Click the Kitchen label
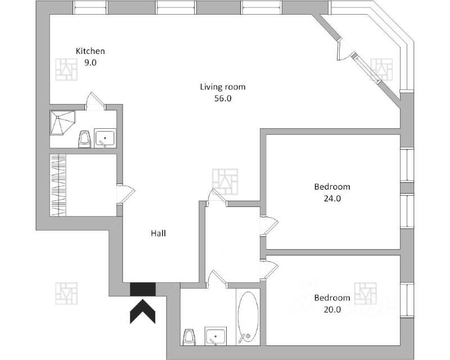click(x=91, y=51)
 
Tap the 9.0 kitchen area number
click(x=91, y=63)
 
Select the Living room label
click(x=223, y=87)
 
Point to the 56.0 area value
click(x=223, y=98)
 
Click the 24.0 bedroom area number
click(x=332, y=198)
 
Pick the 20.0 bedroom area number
click(x=332, y=309)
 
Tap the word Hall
click(x=158, y=233)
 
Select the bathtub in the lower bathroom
click(x=247, y=318)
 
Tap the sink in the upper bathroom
click(x=105, y=138)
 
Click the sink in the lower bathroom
click(x=215, y=337)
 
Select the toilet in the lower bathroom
click(x=189, y=337)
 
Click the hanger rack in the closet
click(x=58, y=185)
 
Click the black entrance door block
click(x=143, y=289)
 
